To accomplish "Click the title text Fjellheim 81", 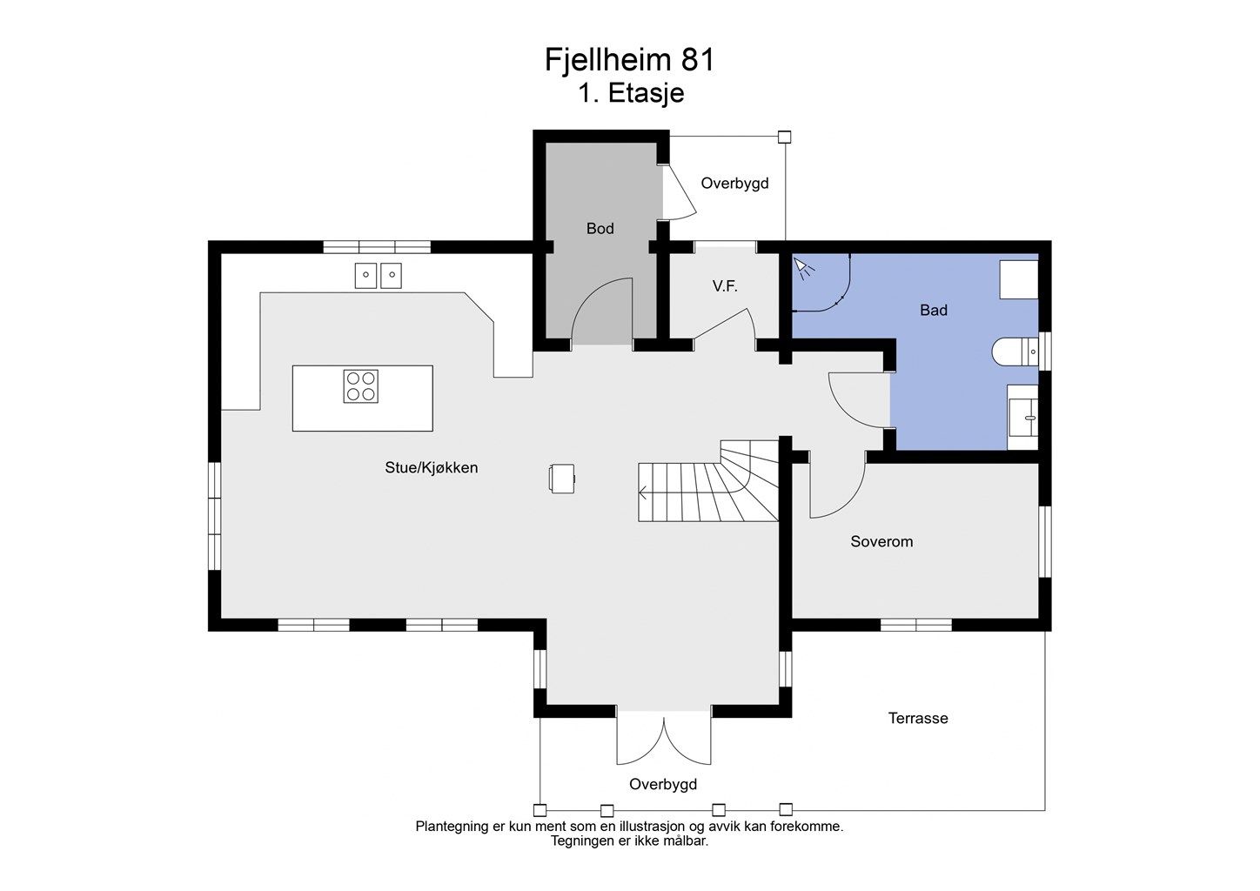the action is tap(629, 60).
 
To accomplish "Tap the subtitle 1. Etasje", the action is tap(631, 93).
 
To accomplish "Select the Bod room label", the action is tap(600, 228).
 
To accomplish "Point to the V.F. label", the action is tap(725, 286).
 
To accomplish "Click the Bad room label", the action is tap(933, 310).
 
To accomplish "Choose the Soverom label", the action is tap(881, 542).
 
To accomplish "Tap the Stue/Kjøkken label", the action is tap(432, 467).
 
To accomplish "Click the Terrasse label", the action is tap(918, 719).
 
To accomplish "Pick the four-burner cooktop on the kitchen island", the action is tap(360, 386).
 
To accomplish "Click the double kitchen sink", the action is tap(378, 276).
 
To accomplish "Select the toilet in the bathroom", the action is tap(1015, 352).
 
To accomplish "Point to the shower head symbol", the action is tap(802, 268).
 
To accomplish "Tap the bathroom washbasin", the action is tap(1023, 417).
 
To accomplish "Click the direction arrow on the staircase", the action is tap(644, 494).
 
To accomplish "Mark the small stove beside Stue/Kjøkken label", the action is tap(562, 479).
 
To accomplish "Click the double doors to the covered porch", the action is tap(664, 740).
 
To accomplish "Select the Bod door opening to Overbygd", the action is tap(679, 191).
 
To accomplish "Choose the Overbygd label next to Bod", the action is tap(734, 184).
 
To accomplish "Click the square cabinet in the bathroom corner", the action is tap(1019, 279).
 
